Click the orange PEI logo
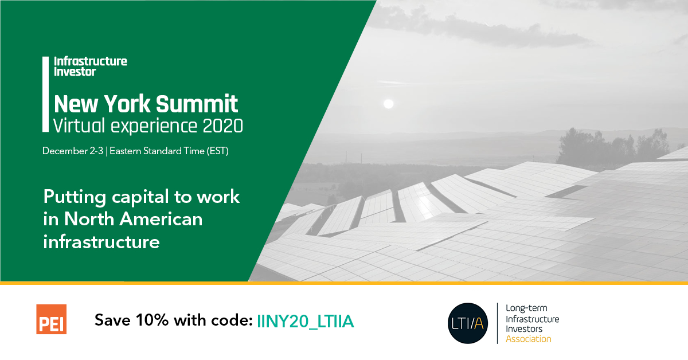(x=51, y=319)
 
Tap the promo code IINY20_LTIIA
(x=305, y=321)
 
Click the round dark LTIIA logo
(x=468, y=323)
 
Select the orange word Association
(x=529, y=339)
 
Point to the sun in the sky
(x=389, y=104)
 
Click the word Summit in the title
(x=197, y=104)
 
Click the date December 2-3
(x=73, y=151)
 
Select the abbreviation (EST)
(x=217, y=151)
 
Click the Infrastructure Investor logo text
(x=91, y=66)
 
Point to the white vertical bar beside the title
(x=45, y=95)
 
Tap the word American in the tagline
(x=161, y=219)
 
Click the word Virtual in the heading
(x=79, y=126)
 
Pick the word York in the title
(x=127, y=104)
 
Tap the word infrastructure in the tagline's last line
(x=101, y=242)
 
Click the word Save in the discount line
(x=112, y=320)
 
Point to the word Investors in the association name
(x=524, y=328)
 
